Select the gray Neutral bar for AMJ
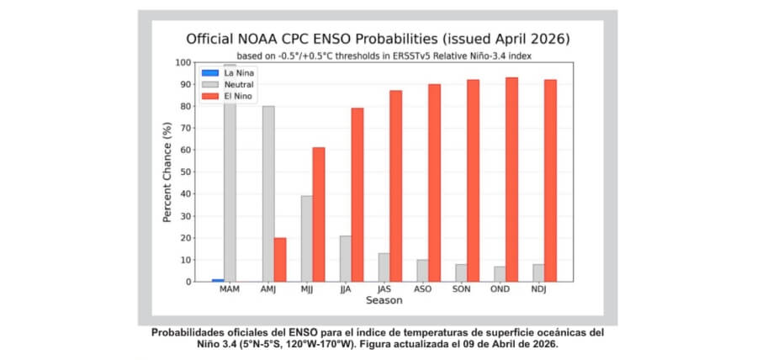268,193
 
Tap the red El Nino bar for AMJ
280,259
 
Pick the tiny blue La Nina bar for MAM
218,279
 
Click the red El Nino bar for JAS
395,186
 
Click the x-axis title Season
384,300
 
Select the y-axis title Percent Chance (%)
167,172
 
